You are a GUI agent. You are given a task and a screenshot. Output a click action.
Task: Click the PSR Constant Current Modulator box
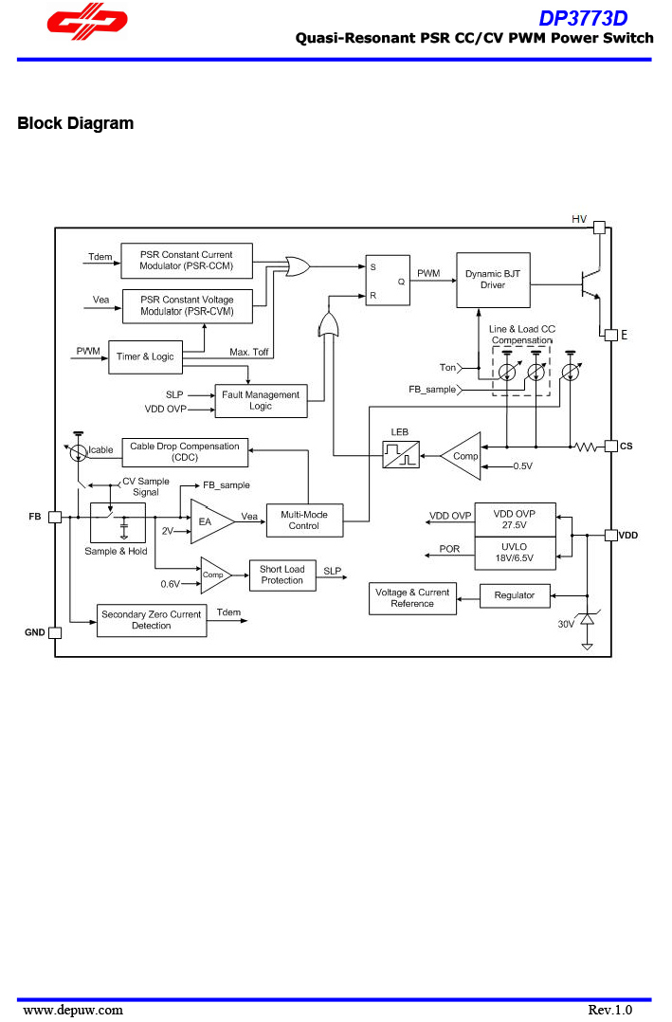[186, 261]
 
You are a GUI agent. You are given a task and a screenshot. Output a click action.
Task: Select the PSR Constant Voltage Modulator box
[187, 306]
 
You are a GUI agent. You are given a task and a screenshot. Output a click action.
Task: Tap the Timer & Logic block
[145, 356]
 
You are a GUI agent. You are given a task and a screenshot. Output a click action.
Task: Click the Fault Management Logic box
[261, 401]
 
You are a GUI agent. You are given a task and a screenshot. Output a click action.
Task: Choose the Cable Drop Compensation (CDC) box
[185, 452]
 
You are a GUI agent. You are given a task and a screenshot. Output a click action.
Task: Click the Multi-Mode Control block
[303, 520]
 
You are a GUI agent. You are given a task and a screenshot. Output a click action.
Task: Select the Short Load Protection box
[282, 575]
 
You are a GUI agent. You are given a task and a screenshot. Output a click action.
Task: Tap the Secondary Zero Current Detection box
[152, 620]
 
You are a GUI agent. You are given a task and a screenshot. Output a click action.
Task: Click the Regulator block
[515, 595]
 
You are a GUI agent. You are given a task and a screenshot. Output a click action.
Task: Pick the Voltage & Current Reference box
[412, 598]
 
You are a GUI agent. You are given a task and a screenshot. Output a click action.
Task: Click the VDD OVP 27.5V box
[515, 520]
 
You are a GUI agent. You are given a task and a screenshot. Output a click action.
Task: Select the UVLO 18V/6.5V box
[515, 553]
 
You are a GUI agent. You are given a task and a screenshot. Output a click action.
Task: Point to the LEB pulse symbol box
[400, 456]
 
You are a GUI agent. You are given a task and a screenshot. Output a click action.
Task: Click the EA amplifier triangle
[209, 520]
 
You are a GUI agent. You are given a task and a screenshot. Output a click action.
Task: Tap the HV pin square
[599, 228]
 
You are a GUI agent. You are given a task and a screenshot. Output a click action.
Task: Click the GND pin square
[55, 632]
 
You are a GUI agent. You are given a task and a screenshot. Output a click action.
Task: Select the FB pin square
[55, 517]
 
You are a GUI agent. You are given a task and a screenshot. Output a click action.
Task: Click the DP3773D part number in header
[582, 18]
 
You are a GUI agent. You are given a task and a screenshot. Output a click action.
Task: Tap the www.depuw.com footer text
[73, 1010]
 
